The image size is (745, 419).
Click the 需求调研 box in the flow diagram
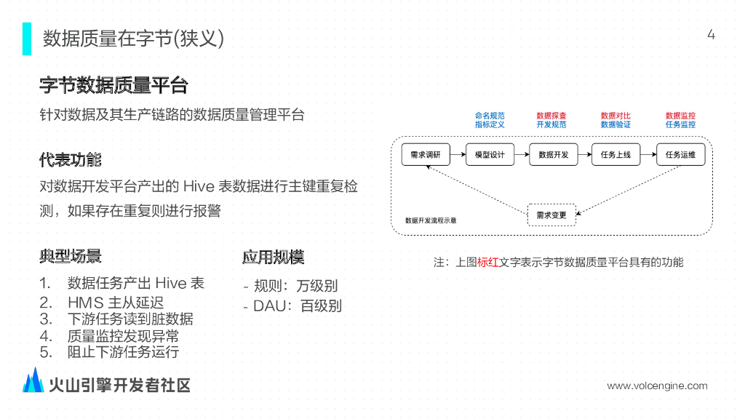426,155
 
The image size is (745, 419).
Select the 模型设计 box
490,155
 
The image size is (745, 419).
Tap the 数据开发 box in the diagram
553,155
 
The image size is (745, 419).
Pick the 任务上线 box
616,155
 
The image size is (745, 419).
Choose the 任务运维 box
680,155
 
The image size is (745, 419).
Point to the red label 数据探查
551,116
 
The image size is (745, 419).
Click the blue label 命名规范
490,116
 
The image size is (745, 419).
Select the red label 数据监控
680,116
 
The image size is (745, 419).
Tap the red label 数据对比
615,116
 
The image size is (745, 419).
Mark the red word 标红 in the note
487,263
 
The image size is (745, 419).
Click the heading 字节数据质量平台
113,86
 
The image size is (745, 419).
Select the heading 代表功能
71,160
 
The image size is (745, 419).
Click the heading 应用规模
273,257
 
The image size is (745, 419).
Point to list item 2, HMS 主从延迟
115,302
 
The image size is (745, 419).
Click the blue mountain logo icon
33,380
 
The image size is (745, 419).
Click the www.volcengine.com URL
657,386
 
